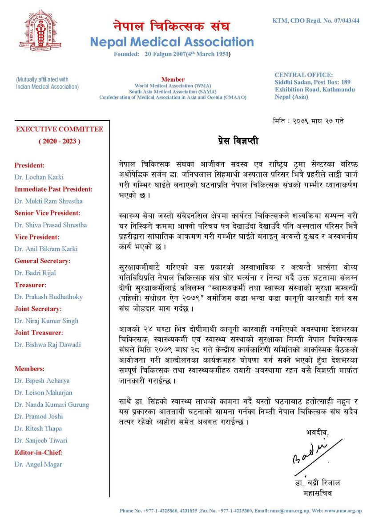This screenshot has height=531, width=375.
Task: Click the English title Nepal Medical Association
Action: click(x=172, y=42)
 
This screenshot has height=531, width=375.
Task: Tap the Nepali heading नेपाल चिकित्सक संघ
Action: click(x=171, y=26)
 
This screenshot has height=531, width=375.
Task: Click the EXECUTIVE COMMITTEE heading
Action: click(x=60, y=129)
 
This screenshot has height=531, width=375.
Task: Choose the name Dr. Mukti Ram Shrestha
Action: click(x=48, y=201)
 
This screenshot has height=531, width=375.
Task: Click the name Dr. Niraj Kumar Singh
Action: click(x=46, y=321)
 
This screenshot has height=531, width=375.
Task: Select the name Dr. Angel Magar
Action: click(x=38, y=464)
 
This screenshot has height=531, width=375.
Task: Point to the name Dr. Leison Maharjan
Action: click(x=43, y=392)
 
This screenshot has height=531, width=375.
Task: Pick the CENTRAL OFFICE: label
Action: click(x=303, y=75)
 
